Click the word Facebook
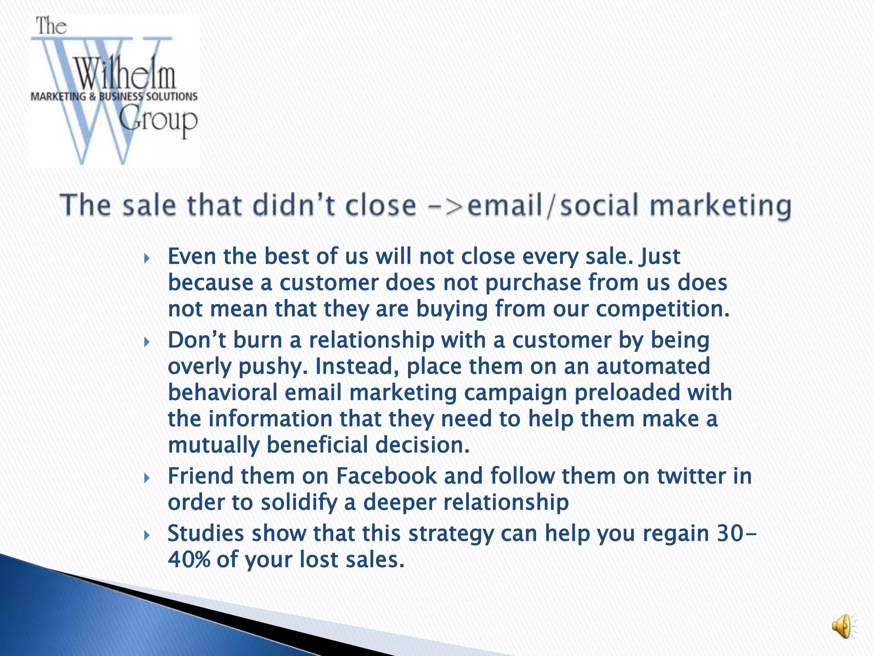pyautogui.click(x=387, y=476)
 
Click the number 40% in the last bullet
pyautogui.click(x=189, y=559)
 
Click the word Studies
pyautogui.click(x=206, y=534)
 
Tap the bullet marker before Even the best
pyautogui.click(x=147, y=258)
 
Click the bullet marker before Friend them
pyautogui.click(x=147, y=478)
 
